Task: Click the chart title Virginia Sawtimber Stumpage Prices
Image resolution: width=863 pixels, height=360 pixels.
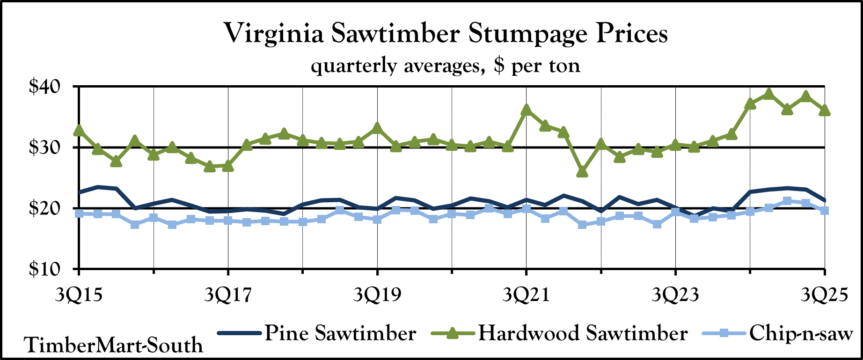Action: click(x=446, y=34)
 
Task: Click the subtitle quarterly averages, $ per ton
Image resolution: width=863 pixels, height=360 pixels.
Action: click(x=446, y=66)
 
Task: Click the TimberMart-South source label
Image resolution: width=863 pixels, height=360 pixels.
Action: click(x=114, y=345)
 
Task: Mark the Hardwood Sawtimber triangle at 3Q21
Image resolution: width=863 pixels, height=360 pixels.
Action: click(x=527, y=110)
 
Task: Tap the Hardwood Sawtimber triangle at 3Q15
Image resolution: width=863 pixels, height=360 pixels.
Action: click(x=79, y=130)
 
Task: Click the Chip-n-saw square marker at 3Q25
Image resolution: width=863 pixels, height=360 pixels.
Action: click(x=825, y=211)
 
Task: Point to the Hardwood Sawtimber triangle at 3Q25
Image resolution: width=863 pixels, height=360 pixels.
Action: click(x=825, y=110)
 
